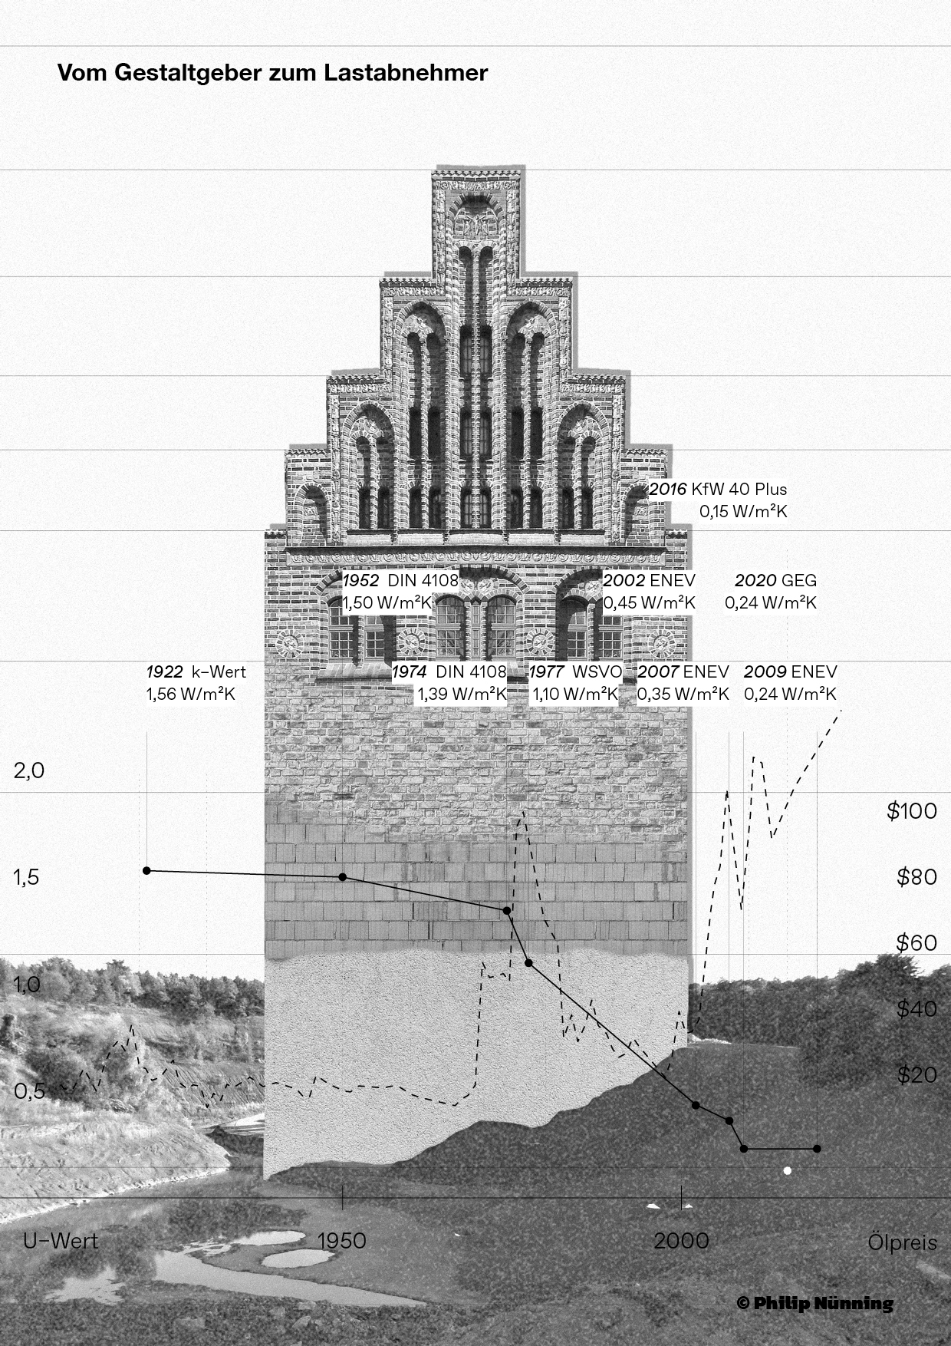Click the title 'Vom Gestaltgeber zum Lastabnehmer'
pyautogui.click(x=272, y=74)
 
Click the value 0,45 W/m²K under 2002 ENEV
pyautogui.click(x=649, y=603)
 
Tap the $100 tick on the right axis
pyautogui.click(x=911, y=811)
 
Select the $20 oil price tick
pyautogui.click(x=916, y=1074)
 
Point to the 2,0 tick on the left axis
pyautogui.click(x=29, y=770)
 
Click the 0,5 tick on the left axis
pyautogui.click(x=28, y=1091)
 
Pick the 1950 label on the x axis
pyautogui.click(x=341, y=1240)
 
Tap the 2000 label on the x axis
pyautogui.click(x=681, y=1240)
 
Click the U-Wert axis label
pyautogui.click(x=61, y=1240)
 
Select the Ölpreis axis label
pyautogui.click(x=902, y=1242)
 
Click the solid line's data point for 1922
pyautogui.click(x=146, y=870)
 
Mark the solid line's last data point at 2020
pyautogui.click(x=817, y=1149)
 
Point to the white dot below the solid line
pyautogui.click(x=787, y=1171)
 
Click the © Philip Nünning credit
pyautogui.click(x=814, y=1303)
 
